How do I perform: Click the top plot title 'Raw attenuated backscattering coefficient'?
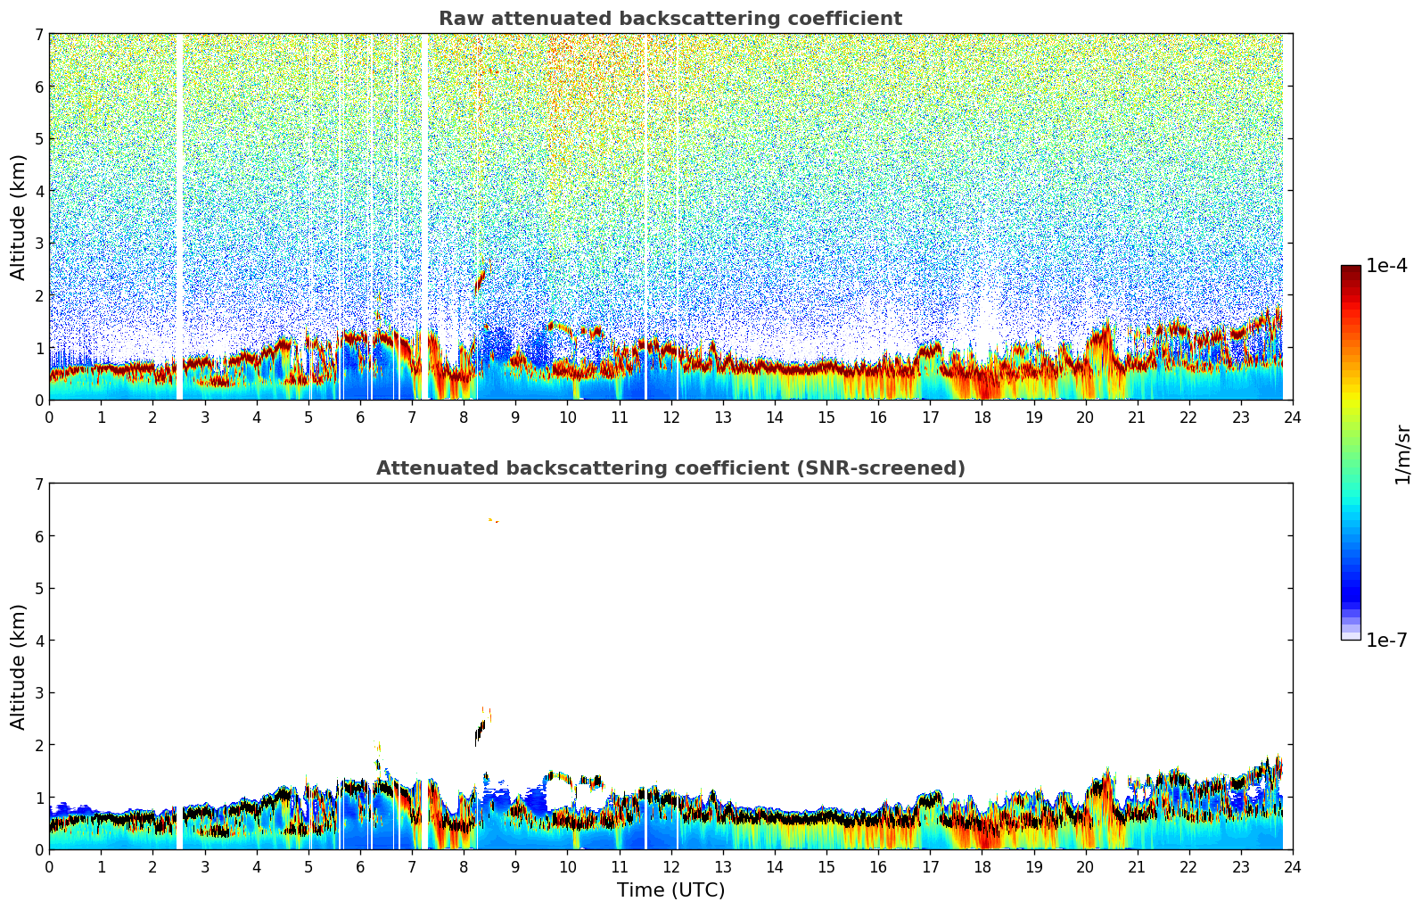[x=670, y=19]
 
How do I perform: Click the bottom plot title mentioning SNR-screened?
[x=670, y=468]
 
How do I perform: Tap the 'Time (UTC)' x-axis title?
[x=670, y=890]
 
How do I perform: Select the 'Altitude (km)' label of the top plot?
[x=19, y=217]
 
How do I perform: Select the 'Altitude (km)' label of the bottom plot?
[x=19, y=666]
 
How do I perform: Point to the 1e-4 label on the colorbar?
[x=1386, y=266]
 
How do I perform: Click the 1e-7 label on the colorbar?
[x=1386, y=640]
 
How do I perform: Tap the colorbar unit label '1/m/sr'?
[x=1402, y=454]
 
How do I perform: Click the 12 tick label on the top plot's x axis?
[x=670, y=418]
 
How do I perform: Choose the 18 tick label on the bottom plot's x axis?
[x=982, y=867]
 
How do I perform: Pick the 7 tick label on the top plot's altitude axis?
[x=38, y=35]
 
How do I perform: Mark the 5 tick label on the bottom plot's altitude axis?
[x=38, y=588]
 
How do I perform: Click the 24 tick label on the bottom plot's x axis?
[x=1292, y=867]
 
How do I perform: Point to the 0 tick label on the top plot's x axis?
[x=49, y=418]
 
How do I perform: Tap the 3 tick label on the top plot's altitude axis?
[x=38, y=243]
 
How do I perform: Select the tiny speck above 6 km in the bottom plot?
[x=493, y=520]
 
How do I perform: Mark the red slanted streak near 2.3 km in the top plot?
[x=480, y=280]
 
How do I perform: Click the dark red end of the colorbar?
[x=1350, y=270]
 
